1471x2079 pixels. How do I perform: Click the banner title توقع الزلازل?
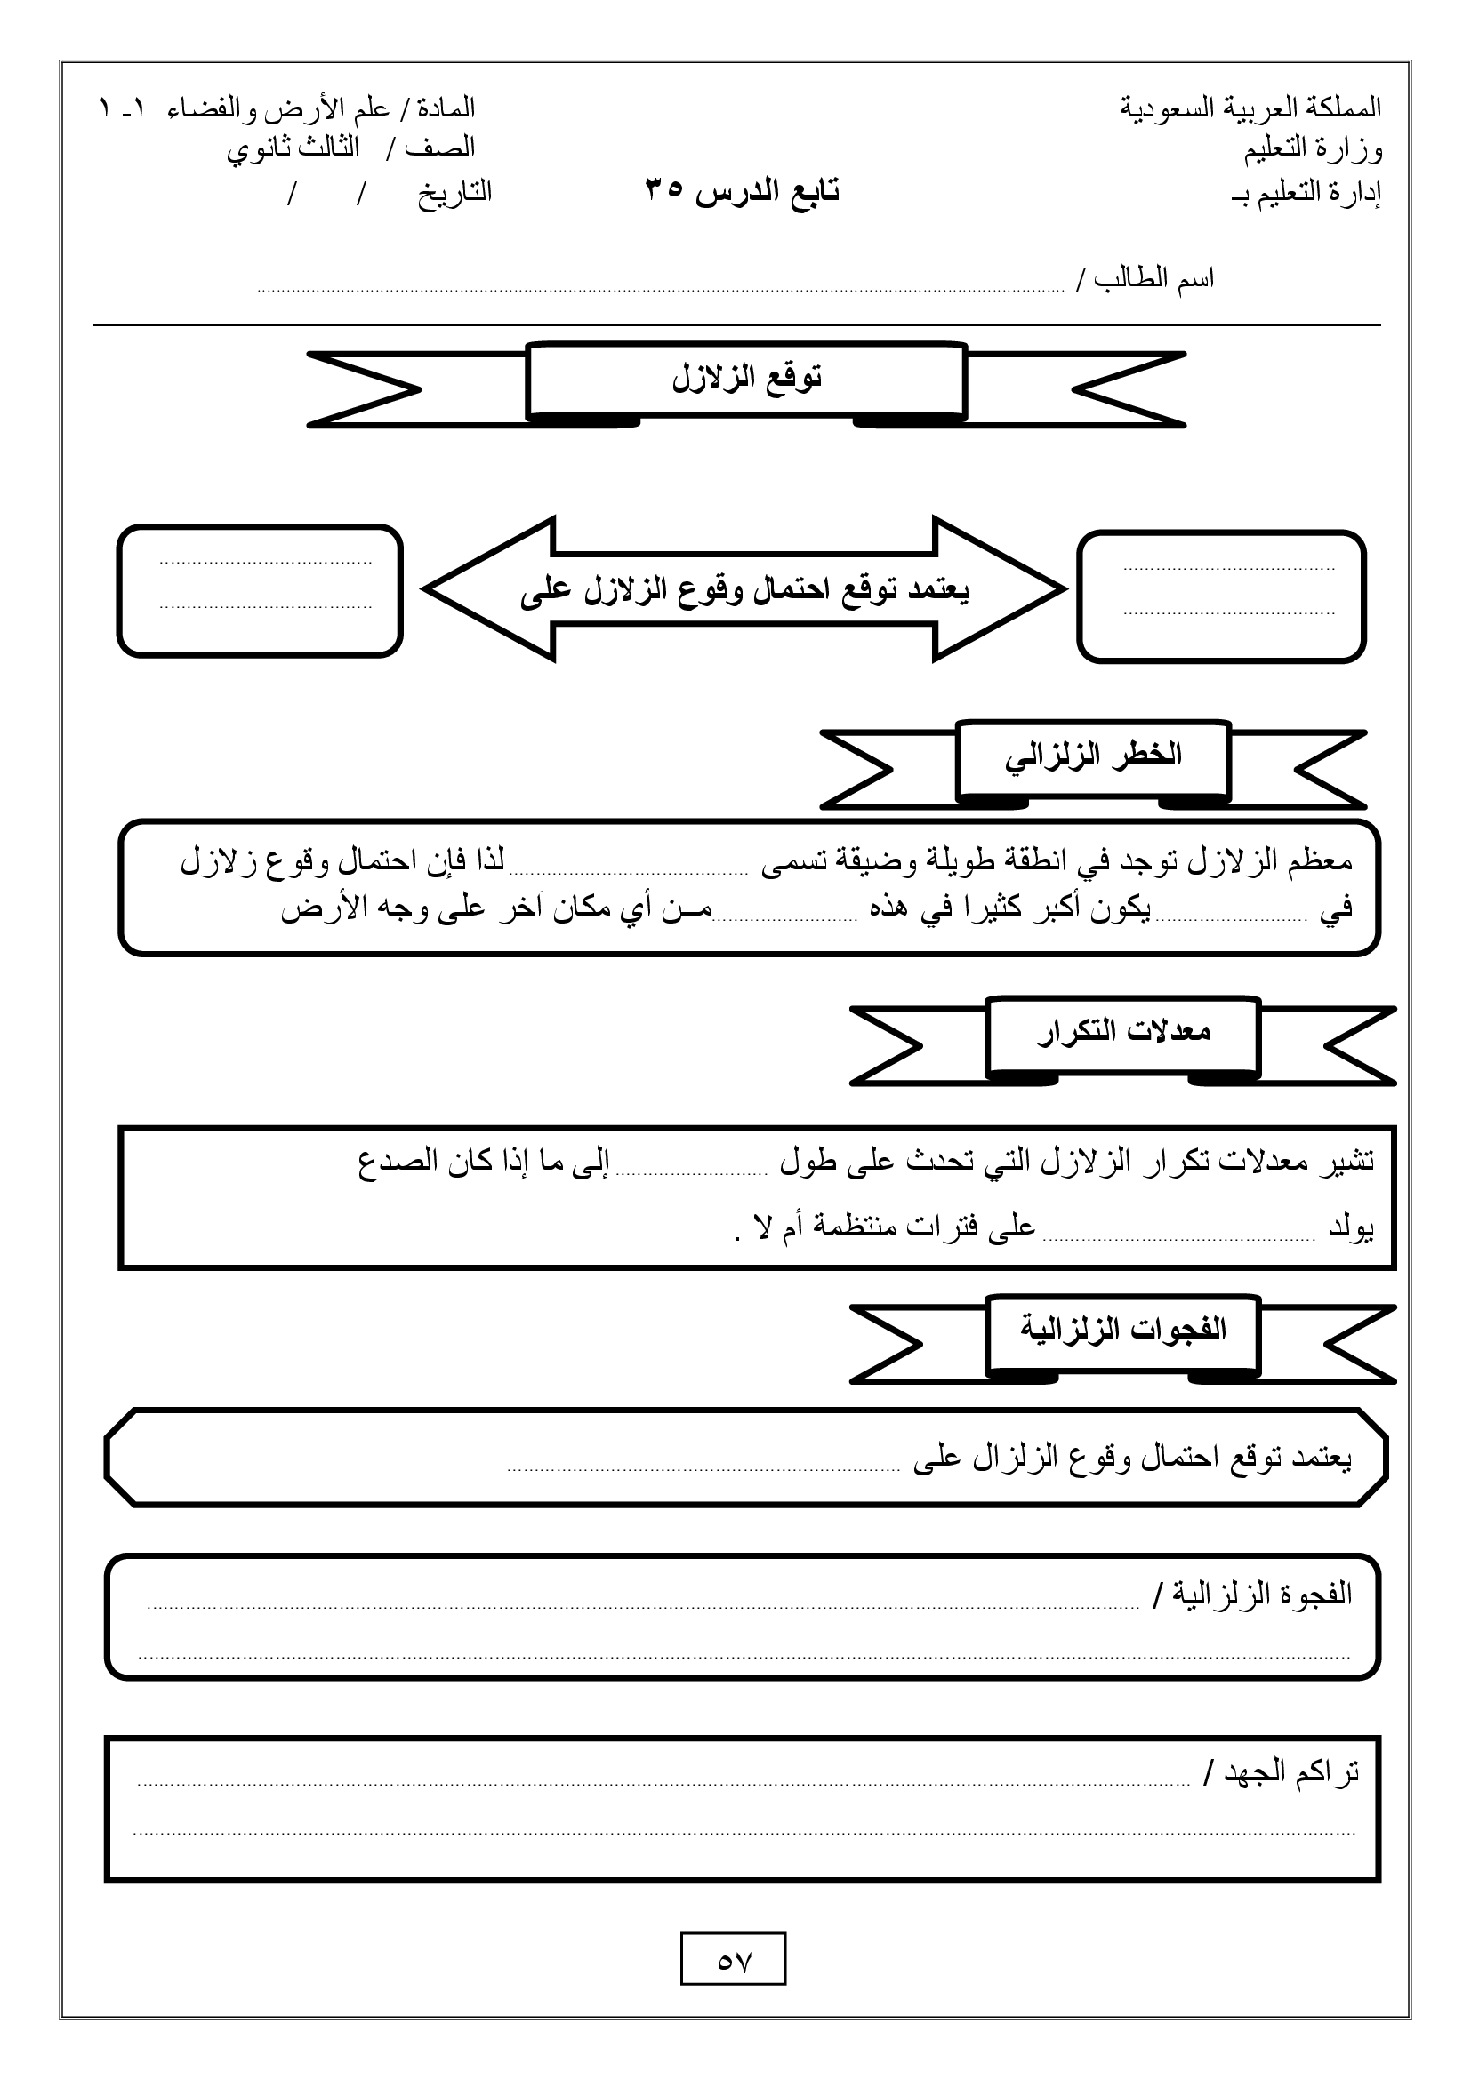(x=746, y=379)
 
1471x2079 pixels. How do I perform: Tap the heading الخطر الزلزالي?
(x=1092, y=756)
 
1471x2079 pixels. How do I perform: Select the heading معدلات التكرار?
(x=1123, y=1032)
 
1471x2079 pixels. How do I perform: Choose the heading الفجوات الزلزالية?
(x=1123, y=1329)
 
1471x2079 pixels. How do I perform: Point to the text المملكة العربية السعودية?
(x=1250, y=108)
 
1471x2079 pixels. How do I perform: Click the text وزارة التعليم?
(x=1313, y=149)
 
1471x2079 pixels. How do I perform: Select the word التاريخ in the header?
(x=454, y=192)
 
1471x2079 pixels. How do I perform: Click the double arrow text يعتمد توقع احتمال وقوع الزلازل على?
(x=744, y=590)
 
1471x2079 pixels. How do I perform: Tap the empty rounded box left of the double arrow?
(x=260, y=590)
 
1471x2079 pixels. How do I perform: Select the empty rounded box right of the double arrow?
(x=1221, y=596)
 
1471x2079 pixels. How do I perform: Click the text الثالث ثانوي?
(x=293, y=148)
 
